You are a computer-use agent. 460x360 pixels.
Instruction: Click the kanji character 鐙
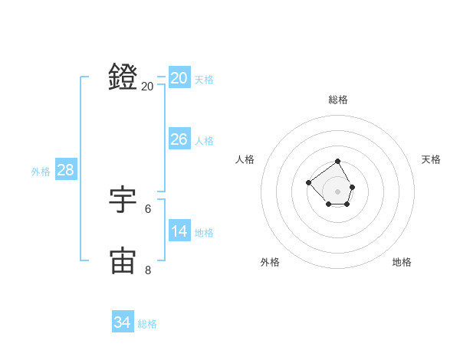[123, 77]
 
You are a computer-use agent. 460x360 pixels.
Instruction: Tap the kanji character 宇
[123, 200]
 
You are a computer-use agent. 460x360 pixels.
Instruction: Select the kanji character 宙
[123, 261]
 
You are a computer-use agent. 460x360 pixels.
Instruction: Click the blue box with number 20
[179, 78]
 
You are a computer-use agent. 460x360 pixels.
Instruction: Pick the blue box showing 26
[179, 139]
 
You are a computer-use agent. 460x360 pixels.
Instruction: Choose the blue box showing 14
[179, 231]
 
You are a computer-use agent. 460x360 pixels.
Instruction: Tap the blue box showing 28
[65, 170]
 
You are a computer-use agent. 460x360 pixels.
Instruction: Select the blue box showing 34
[123, 322]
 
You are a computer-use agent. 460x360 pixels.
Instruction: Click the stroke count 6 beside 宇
[148, 208]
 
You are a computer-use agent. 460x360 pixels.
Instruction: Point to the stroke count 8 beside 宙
[148, 270]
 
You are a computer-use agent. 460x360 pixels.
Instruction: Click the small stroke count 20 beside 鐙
[147, 87]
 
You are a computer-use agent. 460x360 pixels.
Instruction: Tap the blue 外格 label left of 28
[41, 172]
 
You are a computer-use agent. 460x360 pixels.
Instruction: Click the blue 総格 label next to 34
[147, 324]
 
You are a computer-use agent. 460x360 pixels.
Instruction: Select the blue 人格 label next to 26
[204, 141]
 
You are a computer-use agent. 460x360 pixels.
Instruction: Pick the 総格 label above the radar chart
[338, 100]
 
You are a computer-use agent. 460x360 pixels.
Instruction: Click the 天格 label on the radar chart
[431, 159]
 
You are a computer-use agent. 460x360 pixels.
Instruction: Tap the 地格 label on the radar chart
[402, 262]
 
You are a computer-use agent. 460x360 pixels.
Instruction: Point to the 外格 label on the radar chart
[270, 262]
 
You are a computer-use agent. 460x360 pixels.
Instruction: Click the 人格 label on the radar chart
[245, 159]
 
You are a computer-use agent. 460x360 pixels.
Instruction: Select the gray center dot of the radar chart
[338, 191]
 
